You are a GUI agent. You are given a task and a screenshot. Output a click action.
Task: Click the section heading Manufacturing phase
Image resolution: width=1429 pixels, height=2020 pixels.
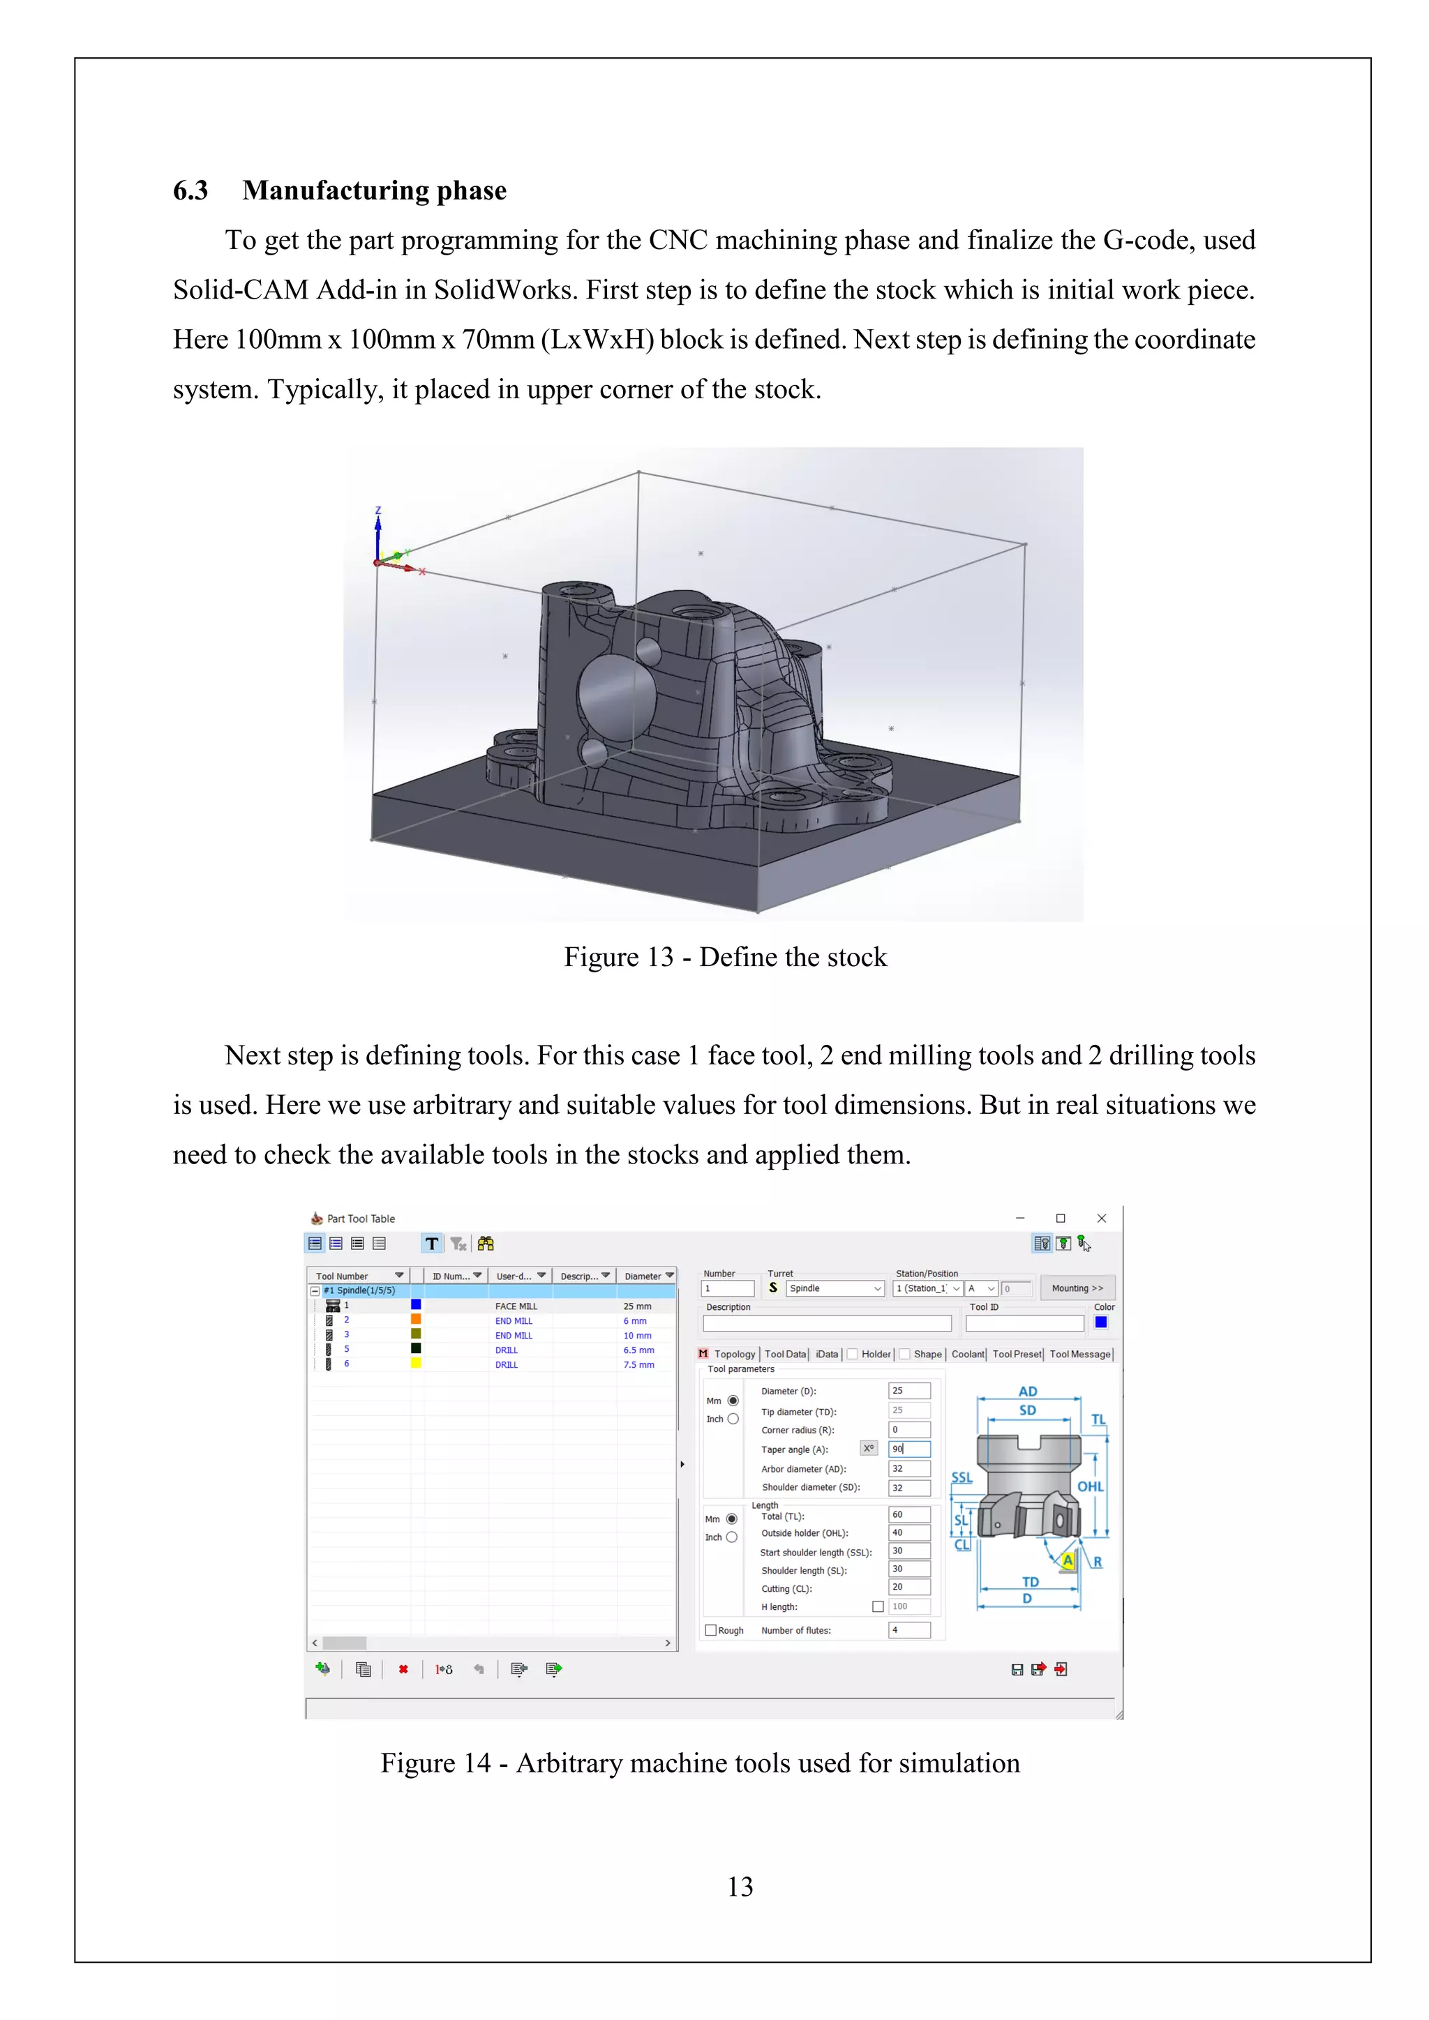pos(374,191)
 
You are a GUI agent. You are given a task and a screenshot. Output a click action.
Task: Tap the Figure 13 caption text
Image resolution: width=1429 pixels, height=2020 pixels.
pos(725,957)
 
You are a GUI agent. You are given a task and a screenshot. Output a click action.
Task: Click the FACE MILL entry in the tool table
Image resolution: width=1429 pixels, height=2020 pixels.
pos(516,1306)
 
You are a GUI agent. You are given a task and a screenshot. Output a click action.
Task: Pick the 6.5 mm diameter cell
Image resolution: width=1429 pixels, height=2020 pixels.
pos(639,1350)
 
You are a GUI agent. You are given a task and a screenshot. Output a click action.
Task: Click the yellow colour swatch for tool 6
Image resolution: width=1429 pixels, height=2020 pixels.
pos(416,1363)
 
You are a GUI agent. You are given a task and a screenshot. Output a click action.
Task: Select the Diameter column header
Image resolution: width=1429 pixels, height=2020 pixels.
pos(644,1276)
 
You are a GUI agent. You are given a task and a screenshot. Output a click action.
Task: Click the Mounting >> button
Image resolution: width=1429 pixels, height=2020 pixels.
pos(1077,1288)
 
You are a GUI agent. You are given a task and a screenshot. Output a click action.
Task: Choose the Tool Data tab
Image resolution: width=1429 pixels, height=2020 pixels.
pos(785,1354)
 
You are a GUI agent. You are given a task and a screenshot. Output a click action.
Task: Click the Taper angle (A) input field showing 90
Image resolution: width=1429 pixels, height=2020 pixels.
pos(910,1449)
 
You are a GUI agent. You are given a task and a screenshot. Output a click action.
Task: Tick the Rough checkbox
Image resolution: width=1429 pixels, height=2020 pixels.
pos(711,1630)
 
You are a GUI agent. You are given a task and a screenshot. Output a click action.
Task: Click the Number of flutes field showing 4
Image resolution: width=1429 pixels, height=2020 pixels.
pos(910,1630)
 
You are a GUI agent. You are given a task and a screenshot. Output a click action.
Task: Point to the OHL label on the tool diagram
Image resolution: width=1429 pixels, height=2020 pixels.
pos(1089,1487)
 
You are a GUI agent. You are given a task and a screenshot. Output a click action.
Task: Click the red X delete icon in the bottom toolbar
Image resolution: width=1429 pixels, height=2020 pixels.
pos(403,1669)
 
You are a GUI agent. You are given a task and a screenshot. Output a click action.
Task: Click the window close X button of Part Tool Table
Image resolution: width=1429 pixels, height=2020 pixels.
pos(1102,1219)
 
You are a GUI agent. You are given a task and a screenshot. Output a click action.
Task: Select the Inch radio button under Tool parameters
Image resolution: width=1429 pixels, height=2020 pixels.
pos(733,1419)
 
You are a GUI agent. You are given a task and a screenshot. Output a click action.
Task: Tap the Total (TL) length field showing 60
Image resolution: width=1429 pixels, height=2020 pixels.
pos(910,1515)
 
